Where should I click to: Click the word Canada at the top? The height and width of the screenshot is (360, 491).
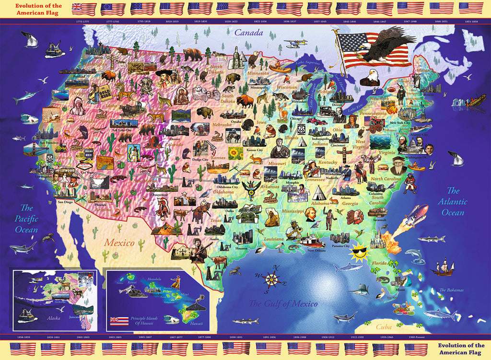pos(248,33)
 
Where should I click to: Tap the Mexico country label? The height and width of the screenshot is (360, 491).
pos(119,243)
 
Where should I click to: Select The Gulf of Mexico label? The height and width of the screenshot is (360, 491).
pos(282,303)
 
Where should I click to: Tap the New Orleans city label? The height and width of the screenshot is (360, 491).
pos(316,250)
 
